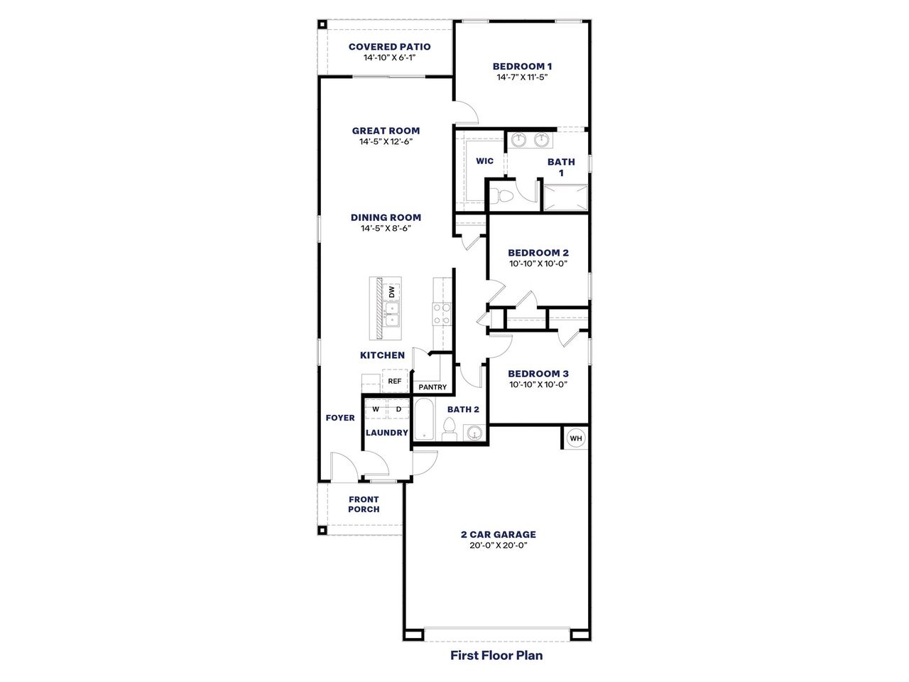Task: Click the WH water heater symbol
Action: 575,438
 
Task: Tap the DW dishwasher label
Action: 391,292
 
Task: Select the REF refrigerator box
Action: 395,381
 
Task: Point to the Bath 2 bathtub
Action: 424,419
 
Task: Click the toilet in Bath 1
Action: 506,195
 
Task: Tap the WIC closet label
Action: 484,161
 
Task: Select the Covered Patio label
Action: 389,47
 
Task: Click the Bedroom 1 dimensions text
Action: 522,77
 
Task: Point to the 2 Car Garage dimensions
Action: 497,546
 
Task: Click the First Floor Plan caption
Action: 496,655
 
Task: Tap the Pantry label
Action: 432,387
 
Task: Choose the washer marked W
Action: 375,409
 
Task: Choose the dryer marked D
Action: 398,409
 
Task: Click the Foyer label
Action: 340,418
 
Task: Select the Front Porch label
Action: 364,504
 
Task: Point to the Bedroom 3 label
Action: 538,374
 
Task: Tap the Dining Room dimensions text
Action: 386,228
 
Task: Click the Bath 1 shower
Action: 565,197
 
